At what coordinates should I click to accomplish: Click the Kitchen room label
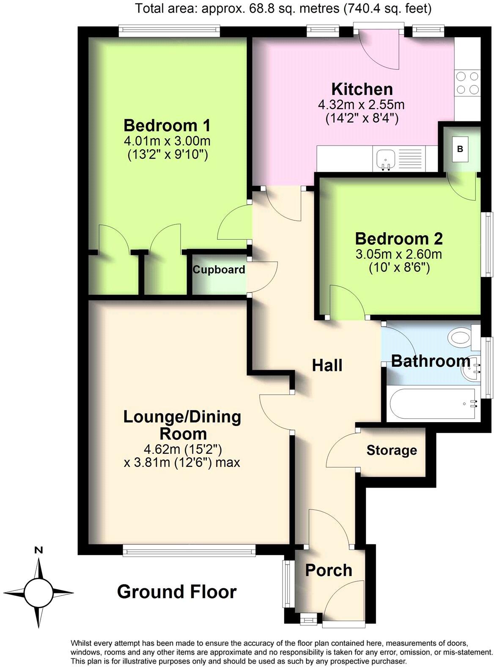click(x=362, y=89)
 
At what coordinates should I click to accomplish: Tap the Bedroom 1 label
click(x=167, y=126)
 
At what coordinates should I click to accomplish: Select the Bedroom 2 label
click(x=398, y=239)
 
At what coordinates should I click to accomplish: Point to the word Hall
click(x=327, y=365)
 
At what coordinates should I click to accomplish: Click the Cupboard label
click(x=219, y=270)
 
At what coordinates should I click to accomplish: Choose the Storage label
click(x=391, y=450)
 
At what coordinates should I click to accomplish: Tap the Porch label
click(x=329, y=571)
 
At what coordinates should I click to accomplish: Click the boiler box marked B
click(x=460, y=149)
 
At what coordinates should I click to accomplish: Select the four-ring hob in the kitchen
click(x=467, y=83)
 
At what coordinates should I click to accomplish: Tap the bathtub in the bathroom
click(x=434, y=404)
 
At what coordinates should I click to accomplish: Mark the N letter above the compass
click(x=38, y=550)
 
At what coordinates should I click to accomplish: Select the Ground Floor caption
click(x=176, y=592)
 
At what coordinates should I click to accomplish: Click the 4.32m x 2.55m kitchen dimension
click(x=362, y=104)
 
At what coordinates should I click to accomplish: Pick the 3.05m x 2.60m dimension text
click(x=398, y=255)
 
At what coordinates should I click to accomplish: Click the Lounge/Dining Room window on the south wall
click(x=189, y=550)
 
